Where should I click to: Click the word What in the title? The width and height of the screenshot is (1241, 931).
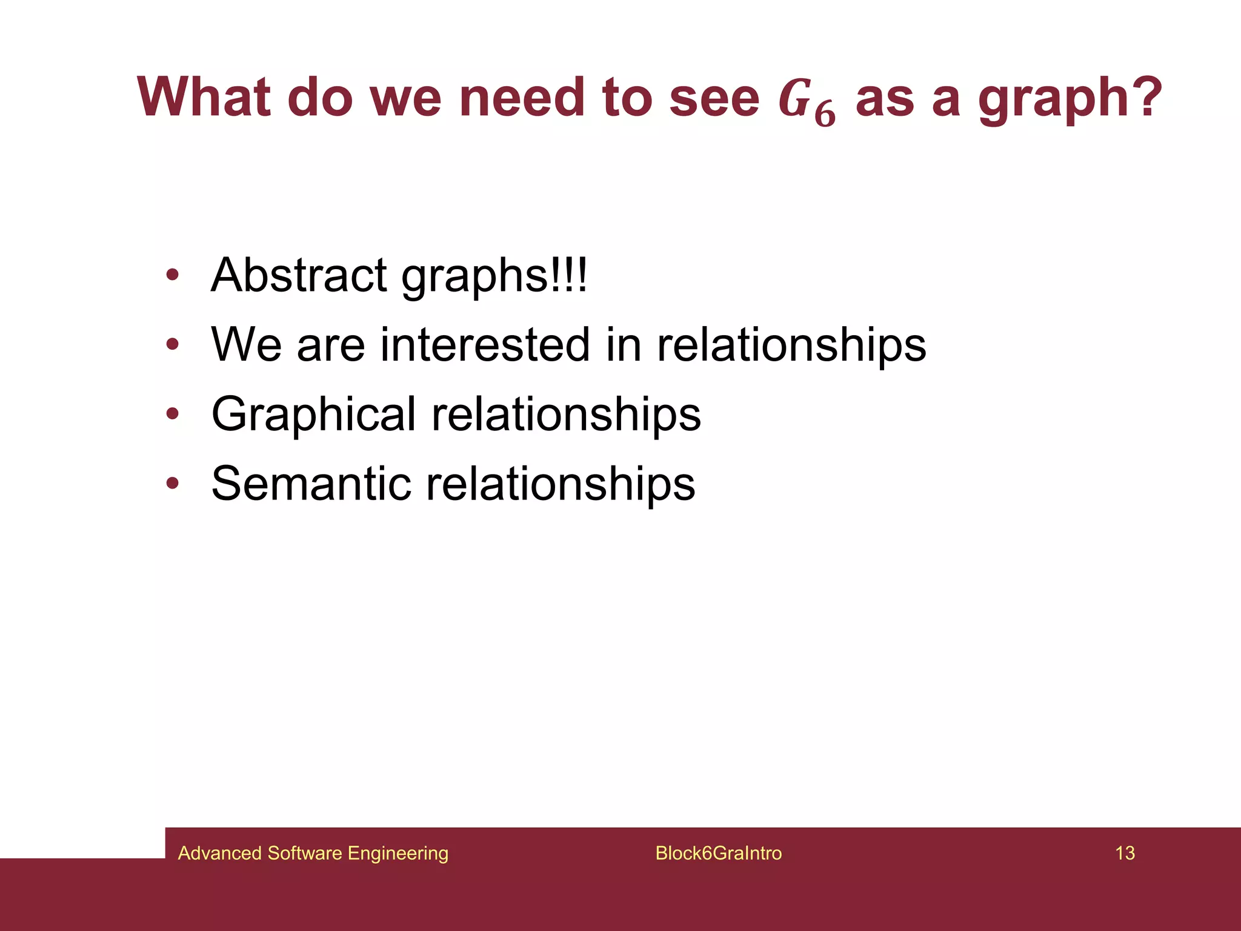[x=204, y=98]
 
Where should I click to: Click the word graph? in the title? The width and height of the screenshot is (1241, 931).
[x=1070, y=100]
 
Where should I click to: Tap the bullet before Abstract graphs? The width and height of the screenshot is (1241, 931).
[x=173, y=276]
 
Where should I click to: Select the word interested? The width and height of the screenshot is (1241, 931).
[x=484, y=345]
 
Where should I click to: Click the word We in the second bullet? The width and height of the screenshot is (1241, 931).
[x=246, y=345]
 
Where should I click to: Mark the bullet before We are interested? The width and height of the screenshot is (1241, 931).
[x=173, y=345]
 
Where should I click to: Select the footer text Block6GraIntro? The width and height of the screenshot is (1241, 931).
[x=718, y=853]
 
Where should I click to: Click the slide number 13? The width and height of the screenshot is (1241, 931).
[x=1125, y=853]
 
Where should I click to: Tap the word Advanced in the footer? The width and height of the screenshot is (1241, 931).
[x=219, y=853]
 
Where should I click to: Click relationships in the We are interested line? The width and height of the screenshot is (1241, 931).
[x=791, y=345]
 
